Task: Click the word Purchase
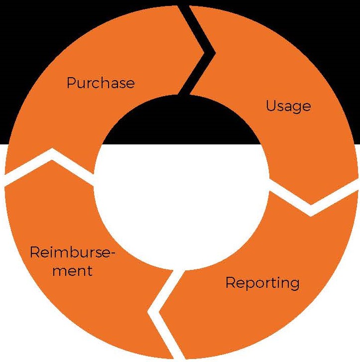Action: [101, 82]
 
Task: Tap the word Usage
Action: [288, 106]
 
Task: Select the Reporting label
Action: [262, 283]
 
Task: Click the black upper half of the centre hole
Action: [182, 124]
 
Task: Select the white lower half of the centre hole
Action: [182, 199]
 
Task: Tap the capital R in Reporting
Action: [231, 283]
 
